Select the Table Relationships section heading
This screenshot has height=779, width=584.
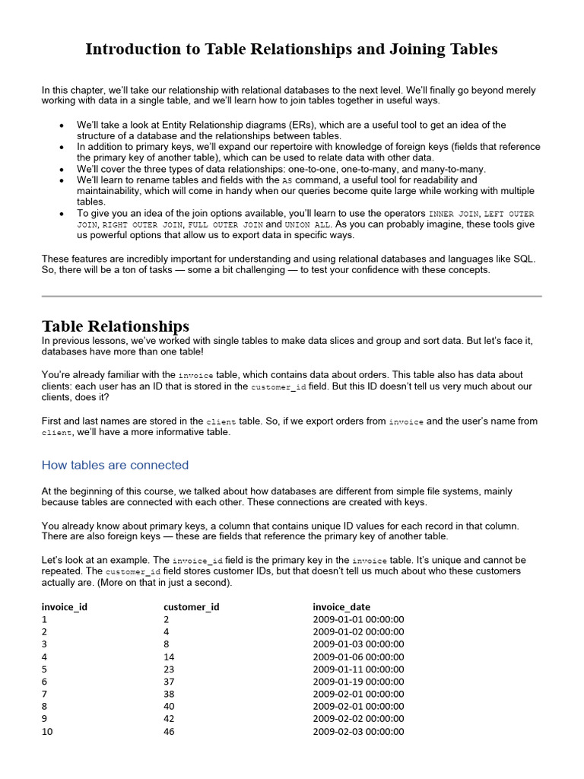coord(116,326)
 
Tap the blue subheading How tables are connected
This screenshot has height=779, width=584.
coord(115,465)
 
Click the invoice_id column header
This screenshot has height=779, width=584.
coord(69,606)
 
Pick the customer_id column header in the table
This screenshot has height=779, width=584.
coord(192,606)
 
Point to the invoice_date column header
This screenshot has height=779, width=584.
coord(341,606)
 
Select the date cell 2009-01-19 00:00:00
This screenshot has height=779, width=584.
coord(358,682)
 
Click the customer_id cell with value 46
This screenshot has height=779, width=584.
coord(169,731)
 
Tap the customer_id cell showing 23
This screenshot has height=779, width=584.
coord(169,669)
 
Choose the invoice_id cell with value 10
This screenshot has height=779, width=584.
coord(47,731)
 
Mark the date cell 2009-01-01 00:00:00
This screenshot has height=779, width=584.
coord(358,619)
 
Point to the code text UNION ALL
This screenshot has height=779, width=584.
coord(308,225)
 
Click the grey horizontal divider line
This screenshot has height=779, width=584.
coord(291,296)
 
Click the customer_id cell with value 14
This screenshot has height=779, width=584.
coord(169,657)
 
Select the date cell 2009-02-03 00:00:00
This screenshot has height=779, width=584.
coord(358,731)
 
